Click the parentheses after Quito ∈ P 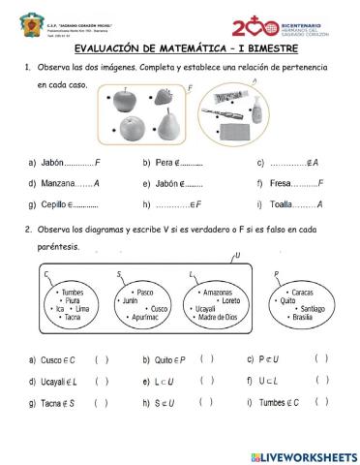point(206,358)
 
